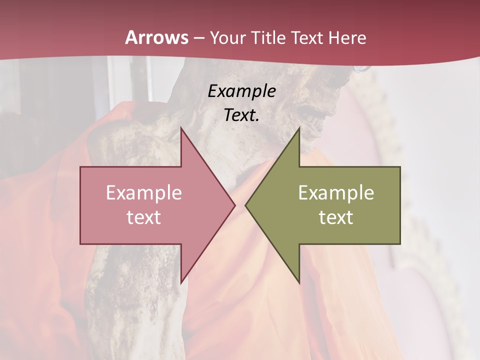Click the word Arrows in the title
coord(156,37)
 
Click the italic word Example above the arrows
coord(241,91)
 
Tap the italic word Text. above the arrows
coord(241,115)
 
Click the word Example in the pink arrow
coord(144,192)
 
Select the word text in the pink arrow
coord(144,217)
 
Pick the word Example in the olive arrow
coord(336,192)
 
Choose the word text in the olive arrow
coord(336,217)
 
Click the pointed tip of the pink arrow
coord(234,205)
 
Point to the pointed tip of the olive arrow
coord(246,205)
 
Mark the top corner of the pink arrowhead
coord(181,127)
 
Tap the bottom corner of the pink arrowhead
coord(181,282)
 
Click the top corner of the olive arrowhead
coord(299,127)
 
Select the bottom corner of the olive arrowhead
coord(299,282)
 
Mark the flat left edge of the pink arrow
coord(81,205)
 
